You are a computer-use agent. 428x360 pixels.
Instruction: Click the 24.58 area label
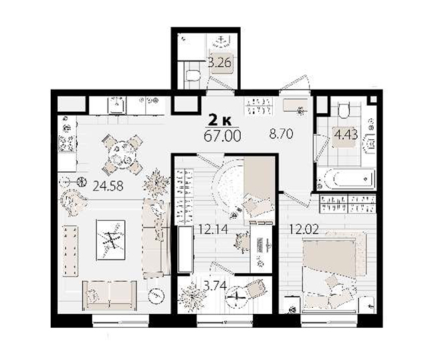[x=108, y=186]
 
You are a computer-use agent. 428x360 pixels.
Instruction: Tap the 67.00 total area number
[x=223, y=136]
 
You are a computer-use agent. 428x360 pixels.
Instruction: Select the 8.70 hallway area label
[x=281, y=134]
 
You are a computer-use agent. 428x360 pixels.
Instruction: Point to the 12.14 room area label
[x=213, y=230]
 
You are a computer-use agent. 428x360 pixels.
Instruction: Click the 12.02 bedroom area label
[x=304, y=230]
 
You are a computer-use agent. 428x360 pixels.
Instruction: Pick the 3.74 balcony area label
[x=215, y=286]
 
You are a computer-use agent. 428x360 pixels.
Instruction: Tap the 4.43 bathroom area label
[x=346, y=134]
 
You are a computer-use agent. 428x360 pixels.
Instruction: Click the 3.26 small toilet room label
[x=220, y=63]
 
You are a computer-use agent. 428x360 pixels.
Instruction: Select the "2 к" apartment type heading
[x=220, y=120]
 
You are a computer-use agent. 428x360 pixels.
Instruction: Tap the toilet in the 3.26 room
[x=193, y=76]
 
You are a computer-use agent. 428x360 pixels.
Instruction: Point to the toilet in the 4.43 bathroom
[x=344, y=110]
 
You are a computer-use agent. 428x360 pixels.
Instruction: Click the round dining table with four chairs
[x=122, y=155]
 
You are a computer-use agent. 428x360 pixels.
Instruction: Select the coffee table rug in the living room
[x=111, y=240]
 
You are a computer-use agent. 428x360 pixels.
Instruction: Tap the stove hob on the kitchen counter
[x=66, y=143]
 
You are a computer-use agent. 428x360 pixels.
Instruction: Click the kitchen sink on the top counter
[x=117, y=105]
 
